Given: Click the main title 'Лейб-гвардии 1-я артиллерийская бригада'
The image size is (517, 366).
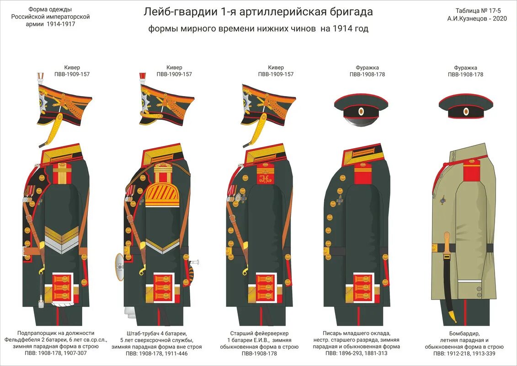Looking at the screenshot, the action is pyautogui.click(x=258, y=12).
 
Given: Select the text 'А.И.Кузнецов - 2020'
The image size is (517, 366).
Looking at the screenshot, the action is pyautogui.click(x=477, y=19).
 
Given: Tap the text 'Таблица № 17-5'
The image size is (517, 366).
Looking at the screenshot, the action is pyautogui.click(x=477, y=11).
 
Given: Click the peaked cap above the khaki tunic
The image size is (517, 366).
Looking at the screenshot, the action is pyautogui.click(x=465, y=106).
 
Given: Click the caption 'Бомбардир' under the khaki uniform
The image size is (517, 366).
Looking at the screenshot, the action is pyautogui.click(x=465, y=334).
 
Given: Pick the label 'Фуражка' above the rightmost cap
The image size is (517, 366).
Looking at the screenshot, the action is pyautogui.click(x=465, y=68).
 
